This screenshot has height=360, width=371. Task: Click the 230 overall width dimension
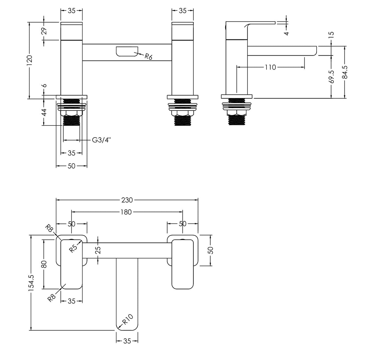pos(127,200)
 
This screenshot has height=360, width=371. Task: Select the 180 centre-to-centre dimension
pos(127,212)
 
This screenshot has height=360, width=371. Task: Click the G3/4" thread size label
pos(101,140)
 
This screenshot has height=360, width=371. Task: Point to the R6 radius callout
pos(148,56)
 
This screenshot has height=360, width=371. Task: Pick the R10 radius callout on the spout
pos(128,320)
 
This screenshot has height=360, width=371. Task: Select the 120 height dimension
pos(30,60)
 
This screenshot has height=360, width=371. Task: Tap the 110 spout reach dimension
pos(270,67)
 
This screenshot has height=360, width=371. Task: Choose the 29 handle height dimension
pos(44,31)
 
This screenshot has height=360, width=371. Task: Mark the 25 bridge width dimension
pos(98,250)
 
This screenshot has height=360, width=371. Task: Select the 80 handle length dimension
pos(44,264)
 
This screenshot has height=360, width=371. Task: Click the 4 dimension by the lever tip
pos(286,32)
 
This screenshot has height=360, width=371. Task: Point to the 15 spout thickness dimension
pos(332,34)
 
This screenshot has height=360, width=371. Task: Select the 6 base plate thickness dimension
pos(44,86)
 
